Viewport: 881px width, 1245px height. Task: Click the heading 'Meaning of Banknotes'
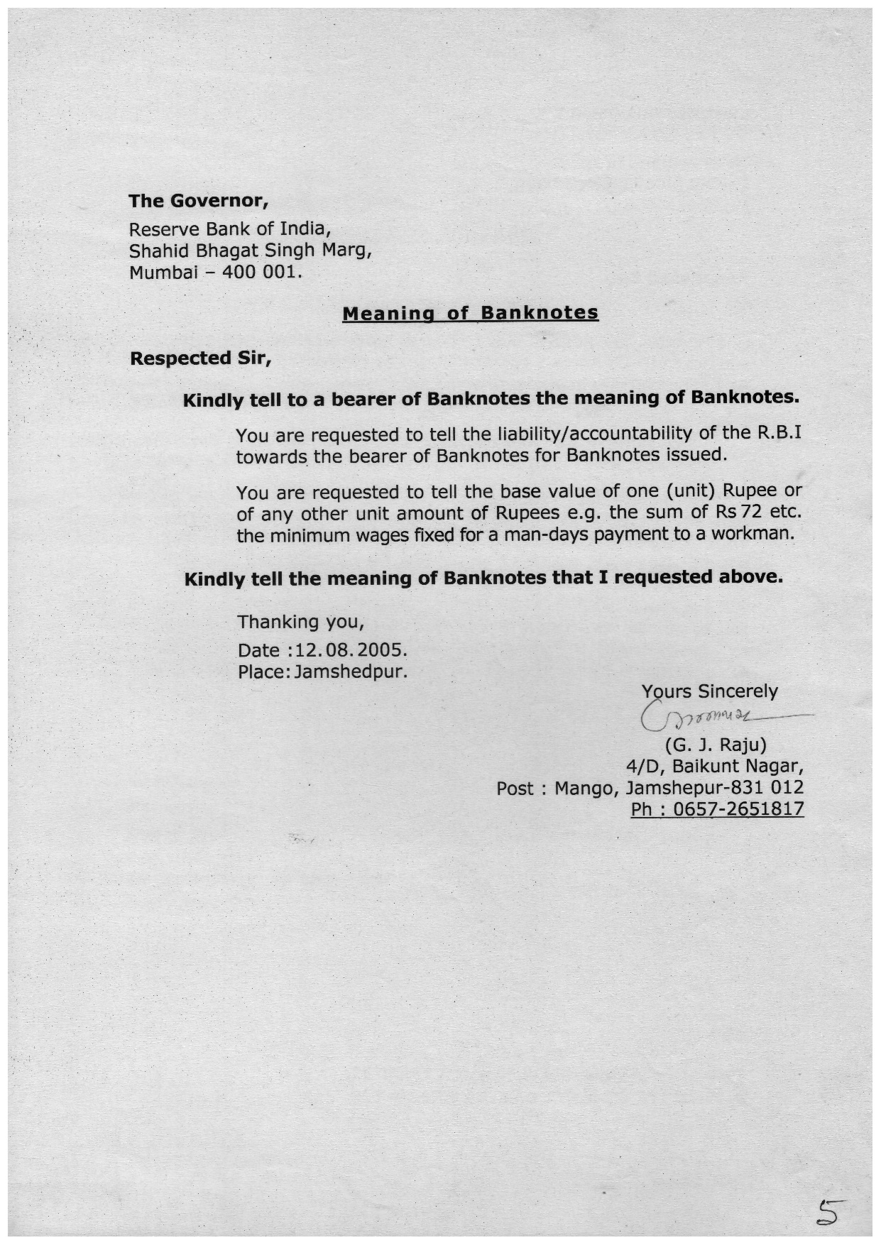tap(470, 313)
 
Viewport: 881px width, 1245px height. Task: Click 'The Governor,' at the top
tap(198, 201)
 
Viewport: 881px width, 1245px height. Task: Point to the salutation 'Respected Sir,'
tap(201, 358)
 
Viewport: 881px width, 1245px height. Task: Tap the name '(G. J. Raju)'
tap(715, 745)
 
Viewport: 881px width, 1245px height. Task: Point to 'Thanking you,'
tap(300, 622)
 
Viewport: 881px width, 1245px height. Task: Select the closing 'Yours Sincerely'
tap(709, 691)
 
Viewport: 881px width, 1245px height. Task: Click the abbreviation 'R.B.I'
tap(779, 432)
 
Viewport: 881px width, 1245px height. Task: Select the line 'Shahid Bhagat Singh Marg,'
tap(251, 251)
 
